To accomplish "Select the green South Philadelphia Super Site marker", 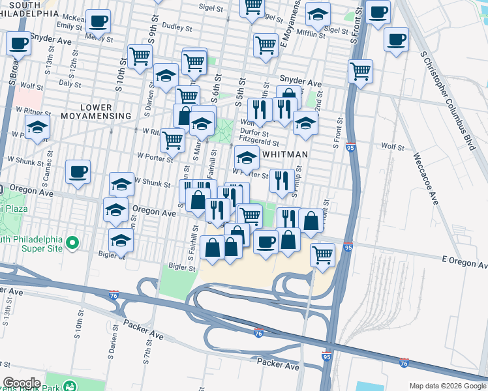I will tap(72, 243).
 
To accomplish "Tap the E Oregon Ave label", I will tap(464, 262).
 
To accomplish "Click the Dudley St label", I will tap(177, 28).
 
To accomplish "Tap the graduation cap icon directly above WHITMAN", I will tap(246, 156).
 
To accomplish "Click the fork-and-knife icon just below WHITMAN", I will tap(281, 180).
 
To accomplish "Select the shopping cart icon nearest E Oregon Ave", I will tap(322, 254).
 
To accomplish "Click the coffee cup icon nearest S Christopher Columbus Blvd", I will tap(396, 39).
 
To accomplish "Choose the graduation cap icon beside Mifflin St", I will tap(318, 14).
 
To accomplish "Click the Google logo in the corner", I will tap(22, 383).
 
